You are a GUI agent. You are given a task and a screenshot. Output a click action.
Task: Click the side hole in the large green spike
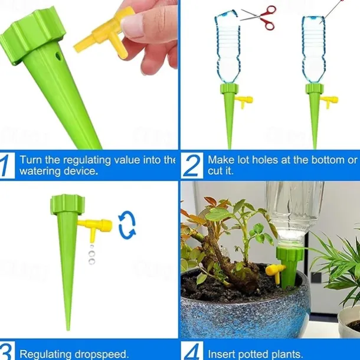coord(59,56)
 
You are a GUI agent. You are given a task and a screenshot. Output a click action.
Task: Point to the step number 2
coord(192,165)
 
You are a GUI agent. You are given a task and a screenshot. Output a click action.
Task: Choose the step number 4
coord(192,352)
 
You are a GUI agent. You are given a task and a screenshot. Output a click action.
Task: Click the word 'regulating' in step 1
coord(87,161)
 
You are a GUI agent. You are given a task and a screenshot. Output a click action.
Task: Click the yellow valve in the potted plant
coord(276,273)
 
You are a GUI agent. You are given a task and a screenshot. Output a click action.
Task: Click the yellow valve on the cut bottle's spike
coord(245,102)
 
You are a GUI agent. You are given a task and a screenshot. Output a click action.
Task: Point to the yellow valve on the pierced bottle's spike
coord(330,101)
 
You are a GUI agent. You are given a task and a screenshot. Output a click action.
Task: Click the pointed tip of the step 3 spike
coord(68,330)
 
